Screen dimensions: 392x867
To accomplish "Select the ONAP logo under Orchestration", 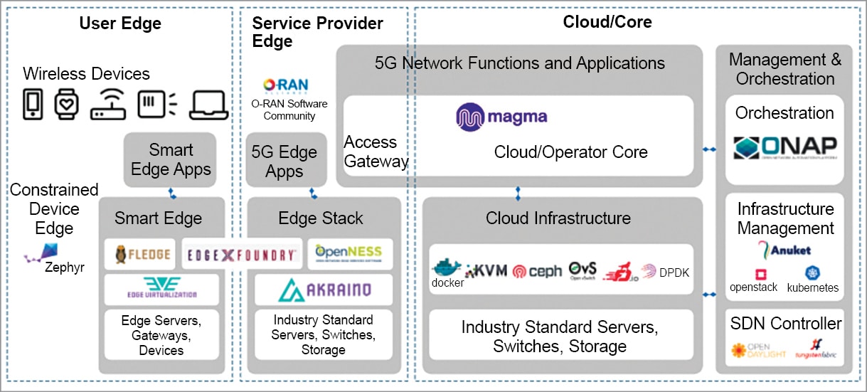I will [785, 147].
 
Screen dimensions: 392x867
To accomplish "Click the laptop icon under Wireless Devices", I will [208, 104].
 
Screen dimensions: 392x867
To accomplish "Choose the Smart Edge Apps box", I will [171, 160].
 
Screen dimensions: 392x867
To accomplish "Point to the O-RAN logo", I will [285, 85].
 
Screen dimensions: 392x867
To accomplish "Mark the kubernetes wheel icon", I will [812, 274].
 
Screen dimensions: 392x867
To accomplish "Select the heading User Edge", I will [120, 23].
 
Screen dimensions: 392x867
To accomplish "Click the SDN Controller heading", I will [785, 324].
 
